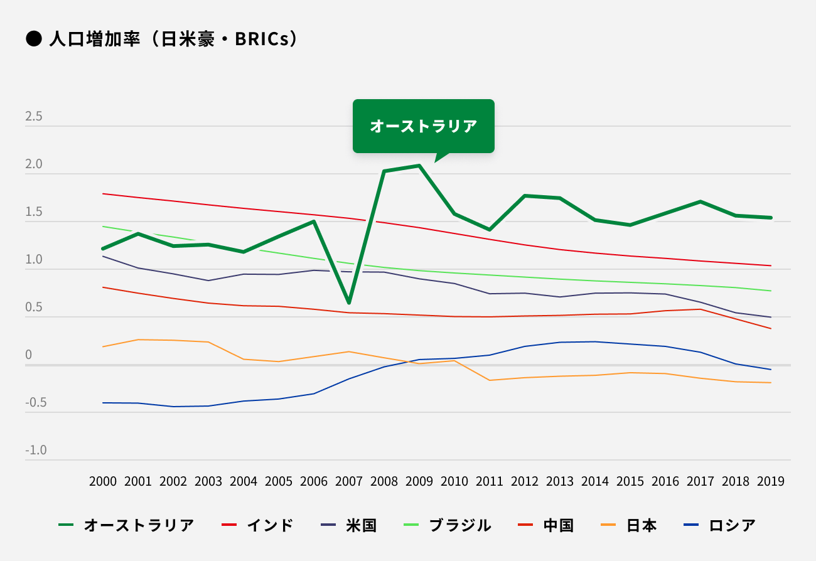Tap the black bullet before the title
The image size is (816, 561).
pyautogui.click(x=33, y=39)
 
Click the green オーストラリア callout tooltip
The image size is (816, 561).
pyautogui.click(x=424, y=126)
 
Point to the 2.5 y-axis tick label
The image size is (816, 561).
pyautogui.click(x=34, y=117)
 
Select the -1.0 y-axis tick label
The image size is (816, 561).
pyautogui.click(x=36, y=451)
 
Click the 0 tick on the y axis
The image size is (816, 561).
pyautogui.click(x=28, y=355)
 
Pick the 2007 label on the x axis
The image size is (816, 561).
pyautogui.click(x=349, y=481)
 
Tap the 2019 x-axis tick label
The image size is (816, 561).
pyautogui.click(x=771, y=481)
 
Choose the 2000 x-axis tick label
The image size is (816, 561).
pyautogui.click(x=103, y=481)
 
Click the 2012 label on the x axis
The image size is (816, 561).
pyautogui.click(x=525, y=481)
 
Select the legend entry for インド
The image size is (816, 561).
pyautogui.click(x=258, y=525)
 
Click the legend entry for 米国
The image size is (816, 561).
pyautogui.click(x=349, y=525)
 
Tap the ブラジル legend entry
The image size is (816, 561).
pyautogui.click(x=447, y=525)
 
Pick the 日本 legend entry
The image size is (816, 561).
pyautogui.click(x=628, y=525)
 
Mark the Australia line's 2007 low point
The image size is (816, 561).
pyautogui.click(x=349, y=303)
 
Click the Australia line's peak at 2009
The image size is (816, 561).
pyautogui.click(x=419, y=166)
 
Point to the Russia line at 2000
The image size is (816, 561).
pyautogui.click(x=103, y=403)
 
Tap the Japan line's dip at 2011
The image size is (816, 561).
pyautogui.click(x=490, y=380)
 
